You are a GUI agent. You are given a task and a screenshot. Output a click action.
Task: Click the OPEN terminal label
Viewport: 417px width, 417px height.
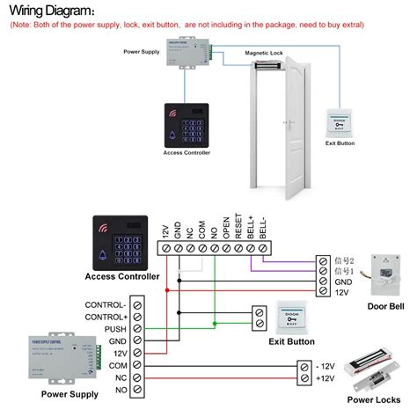225,230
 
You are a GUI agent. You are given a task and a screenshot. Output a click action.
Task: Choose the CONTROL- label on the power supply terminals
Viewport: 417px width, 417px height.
106,304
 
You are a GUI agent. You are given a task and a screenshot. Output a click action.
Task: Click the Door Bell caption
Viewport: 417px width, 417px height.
385,306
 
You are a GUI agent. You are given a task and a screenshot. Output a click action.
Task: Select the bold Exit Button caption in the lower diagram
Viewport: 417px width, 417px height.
291,342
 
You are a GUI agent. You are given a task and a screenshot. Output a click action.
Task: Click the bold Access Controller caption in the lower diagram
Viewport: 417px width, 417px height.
122,277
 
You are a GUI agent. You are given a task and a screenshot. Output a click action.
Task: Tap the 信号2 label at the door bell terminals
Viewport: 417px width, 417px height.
345,261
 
